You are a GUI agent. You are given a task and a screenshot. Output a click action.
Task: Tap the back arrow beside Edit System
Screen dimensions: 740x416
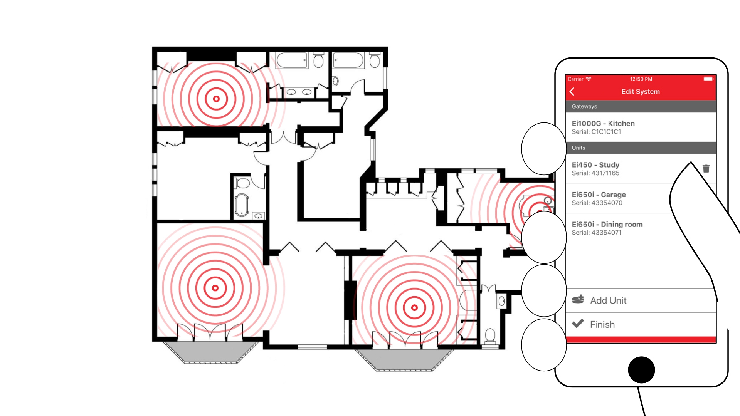click(572, 92)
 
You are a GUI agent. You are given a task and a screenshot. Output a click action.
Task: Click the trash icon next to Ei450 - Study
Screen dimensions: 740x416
click(706, 169)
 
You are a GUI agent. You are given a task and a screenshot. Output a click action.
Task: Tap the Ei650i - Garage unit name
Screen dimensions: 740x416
click(599, 195)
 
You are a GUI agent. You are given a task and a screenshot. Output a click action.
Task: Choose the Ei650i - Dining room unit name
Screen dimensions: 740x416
click(607, 225)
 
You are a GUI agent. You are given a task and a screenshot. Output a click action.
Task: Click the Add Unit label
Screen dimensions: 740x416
click(608, 300)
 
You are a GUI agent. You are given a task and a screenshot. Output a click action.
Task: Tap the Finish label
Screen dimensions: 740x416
click(602, 325)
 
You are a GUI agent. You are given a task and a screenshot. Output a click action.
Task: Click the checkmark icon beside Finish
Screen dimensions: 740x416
click(578, 324)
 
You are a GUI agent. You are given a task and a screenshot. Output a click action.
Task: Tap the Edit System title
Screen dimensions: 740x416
click(641, 92)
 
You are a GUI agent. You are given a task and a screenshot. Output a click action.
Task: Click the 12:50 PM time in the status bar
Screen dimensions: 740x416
click(641, 79)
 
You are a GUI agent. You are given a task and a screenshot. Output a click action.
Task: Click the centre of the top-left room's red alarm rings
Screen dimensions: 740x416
click(216, 99)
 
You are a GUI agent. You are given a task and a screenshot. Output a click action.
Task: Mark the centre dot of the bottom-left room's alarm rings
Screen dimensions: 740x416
click(215, 288)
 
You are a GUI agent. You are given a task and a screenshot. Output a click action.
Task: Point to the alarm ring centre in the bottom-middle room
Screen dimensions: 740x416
click(414, 308)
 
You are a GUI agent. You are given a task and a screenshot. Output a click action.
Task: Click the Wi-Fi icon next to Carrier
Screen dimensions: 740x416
click(589, 79)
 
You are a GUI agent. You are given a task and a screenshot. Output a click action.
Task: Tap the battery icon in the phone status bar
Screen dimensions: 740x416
click(708, 79)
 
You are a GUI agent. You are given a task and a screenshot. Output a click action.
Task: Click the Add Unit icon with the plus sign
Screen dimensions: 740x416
click(578, 299)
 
